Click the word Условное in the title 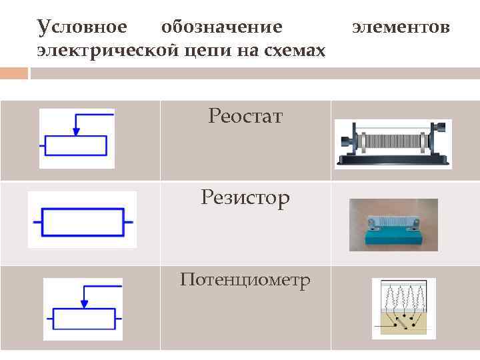[x=81, y=28]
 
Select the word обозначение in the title [x=222, y=28]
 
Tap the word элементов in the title [x=401, y=28]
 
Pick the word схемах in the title [x=291, y=51]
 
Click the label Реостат [x=245, y=117]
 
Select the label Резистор [x=245, y=198]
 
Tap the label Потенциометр [x=245, y=280]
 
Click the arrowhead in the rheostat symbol [x=77, y=131]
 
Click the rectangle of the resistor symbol [x=83, y=221]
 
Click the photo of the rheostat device [x=393, y=143]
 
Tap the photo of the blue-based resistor [x=393, y=225]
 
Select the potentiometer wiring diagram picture [x=403, y=309]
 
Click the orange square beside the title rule [x=14, y=73]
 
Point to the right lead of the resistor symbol [x=129, y=221]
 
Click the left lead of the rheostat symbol [x=42, y=146]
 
